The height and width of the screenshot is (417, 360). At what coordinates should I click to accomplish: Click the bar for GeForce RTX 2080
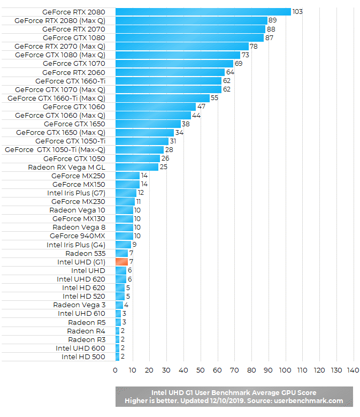203,12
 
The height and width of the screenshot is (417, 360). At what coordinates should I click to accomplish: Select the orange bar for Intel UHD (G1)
121,262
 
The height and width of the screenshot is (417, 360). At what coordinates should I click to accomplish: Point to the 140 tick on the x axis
353,370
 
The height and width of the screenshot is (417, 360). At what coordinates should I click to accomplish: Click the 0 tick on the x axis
115,370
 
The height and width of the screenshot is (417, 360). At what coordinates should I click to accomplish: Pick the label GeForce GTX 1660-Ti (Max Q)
56,98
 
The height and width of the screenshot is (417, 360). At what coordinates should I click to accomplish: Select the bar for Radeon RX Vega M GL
136,167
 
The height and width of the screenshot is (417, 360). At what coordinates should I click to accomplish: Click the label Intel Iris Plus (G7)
76,193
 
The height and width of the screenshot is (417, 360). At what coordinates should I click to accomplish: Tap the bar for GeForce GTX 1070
174,64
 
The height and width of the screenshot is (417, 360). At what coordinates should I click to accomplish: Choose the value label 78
254,47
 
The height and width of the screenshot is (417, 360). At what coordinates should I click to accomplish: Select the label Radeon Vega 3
79,305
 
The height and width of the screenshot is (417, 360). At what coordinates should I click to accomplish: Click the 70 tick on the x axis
234,370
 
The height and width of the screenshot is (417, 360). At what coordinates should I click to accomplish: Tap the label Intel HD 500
83,357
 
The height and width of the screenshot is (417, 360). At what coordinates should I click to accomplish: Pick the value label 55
215,98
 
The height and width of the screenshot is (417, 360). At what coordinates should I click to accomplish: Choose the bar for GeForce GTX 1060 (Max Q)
153,115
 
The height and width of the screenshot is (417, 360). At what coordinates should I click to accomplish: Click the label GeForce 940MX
78,236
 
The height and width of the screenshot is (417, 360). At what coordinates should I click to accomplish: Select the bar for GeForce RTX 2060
170,72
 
